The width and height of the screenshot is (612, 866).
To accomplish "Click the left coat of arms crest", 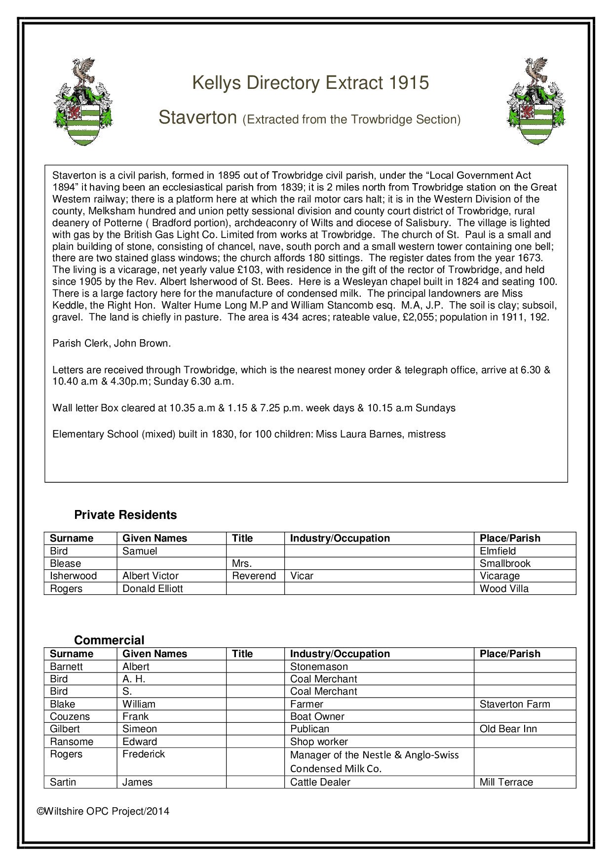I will pos(83,102).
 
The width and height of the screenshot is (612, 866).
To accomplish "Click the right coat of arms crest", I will pos(536,101).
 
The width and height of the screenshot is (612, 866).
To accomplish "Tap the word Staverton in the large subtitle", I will pos(198,118).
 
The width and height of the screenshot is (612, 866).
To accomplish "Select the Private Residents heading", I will pos(125,515).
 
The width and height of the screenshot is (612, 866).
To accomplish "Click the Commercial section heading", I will pos(109,640).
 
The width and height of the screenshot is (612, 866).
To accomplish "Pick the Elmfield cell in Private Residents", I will pos(497,551).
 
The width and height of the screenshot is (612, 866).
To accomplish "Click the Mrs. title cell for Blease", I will pos(242,563).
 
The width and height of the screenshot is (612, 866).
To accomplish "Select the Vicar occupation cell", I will pos(302,576).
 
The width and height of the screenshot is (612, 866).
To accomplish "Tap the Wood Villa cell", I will pos(504,589).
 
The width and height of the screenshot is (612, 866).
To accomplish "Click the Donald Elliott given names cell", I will pos(153,589).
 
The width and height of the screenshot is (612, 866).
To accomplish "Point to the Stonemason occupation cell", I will pos(319,667).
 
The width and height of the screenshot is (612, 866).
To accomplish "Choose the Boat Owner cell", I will pos(317,716).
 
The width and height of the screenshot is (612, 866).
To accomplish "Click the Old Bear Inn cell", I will pos(508,729).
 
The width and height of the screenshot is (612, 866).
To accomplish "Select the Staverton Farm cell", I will pos(514,704).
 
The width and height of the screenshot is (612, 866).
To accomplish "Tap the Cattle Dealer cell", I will pos(320,782).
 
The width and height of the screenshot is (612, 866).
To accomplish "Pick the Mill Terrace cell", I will pos(506,782).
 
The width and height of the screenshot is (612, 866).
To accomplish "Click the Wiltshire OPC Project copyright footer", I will pos(104,811).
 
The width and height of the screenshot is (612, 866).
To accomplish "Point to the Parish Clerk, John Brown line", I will pos(112,343).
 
